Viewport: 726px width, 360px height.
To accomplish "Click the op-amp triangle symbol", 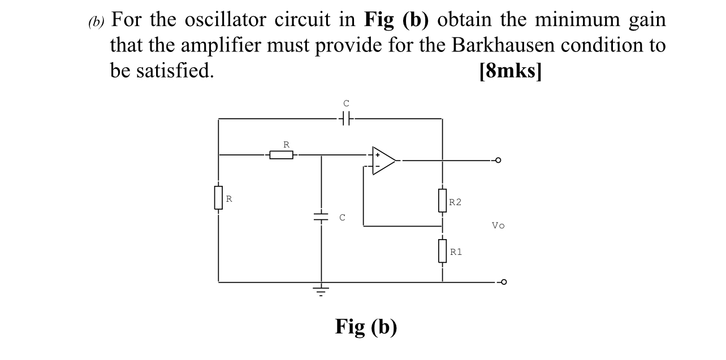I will click(x=383, y=161).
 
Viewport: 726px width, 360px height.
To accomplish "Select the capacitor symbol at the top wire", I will click(x=347, y=119).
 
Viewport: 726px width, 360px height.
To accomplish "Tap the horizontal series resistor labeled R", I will click(x=281, y=154).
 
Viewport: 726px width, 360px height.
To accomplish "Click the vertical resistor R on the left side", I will click(x=218, y=198).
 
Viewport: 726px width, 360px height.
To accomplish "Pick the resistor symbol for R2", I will click(x=442, y=201).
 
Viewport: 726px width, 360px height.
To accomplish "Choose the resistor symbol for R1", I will click(x=442, y=250).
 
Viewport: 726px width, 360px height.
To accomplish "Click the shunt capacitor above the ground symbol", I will click(x=321, y=216).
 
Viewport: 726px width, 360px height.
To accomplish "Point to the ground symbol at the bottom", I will click(x=321, y=291).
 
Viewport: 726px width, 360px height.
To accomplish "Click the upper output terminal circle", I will click(x=498, y=161).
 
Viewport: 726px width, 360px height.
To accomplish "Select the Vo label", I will click(x=498, y=225).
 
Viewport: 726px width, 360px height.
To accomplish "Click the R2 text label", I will click(x=455, y=202).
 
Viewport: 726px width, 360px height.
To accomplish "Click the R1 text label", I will click(x=456, y=251).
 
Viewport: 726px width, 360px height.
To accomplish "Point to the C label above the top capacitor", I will click(x=347, y=103).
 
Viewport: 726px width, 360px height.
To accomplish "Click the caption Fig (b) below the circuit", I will click(x=366, y=327).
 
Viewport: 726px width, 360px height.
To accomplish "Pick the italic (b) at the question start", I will click(x=97, y=22).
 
